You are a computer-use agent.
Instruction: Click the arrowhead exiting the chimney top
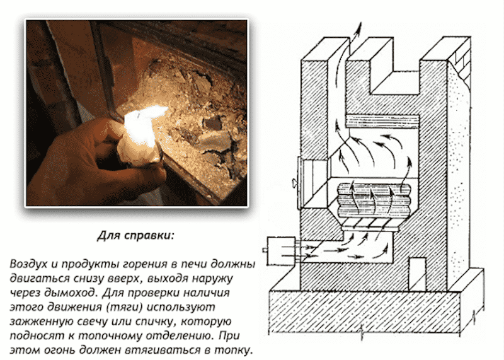click(358, 27)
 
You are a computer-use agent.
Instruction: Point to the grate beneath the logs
click(370, 224)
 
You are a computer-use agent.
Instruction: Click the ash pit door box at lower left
click(281, 252)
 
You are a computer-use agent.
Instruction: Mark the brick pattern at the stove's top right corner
click(461, 66)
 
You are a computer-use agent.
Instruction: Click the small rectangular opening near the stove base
click(417, 274)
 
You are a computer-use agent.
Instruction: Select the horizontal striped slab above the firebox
click(383, 121)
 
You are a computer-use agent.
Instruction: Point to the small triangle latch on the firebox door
click(295, 183)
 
